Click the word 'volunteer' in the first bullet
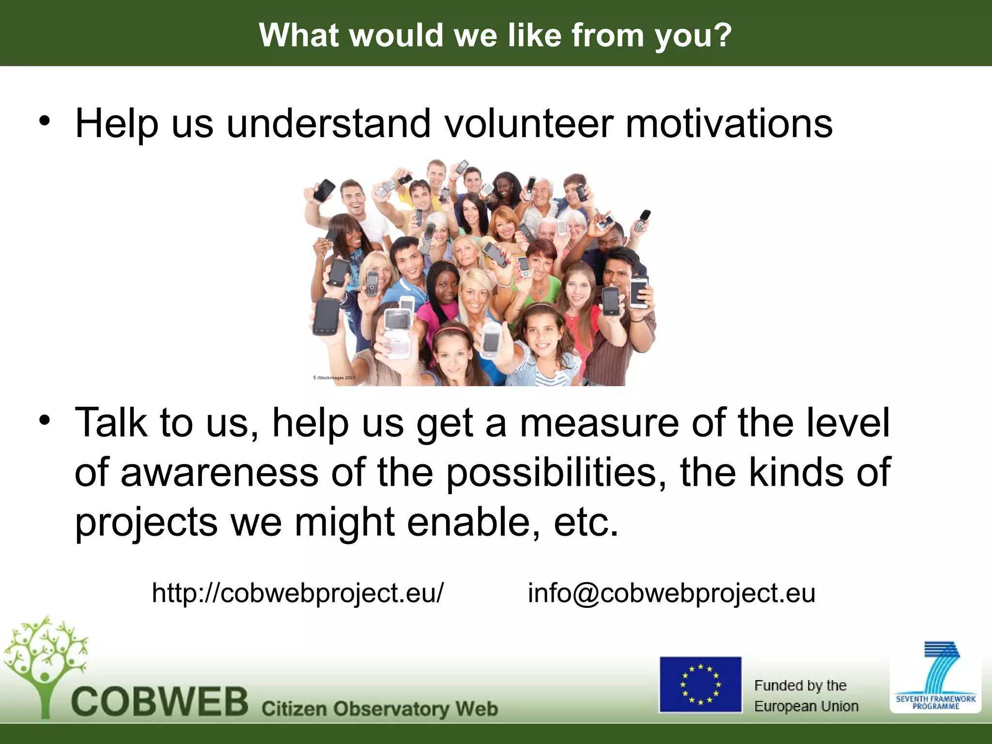528,124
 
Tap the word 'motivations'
729,124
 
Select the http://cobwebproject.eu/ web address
297,592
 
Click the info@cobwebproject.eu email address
671,592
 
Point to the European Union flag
700,684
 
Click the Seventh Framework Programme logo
935,678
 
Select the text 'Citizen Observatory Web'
380,709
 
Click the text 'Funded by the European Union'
806,696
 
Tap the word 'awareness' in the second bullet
219,472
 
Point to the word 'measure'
599,423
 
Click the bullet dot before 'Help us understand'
45,121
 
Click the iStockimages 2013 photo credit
334,377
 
